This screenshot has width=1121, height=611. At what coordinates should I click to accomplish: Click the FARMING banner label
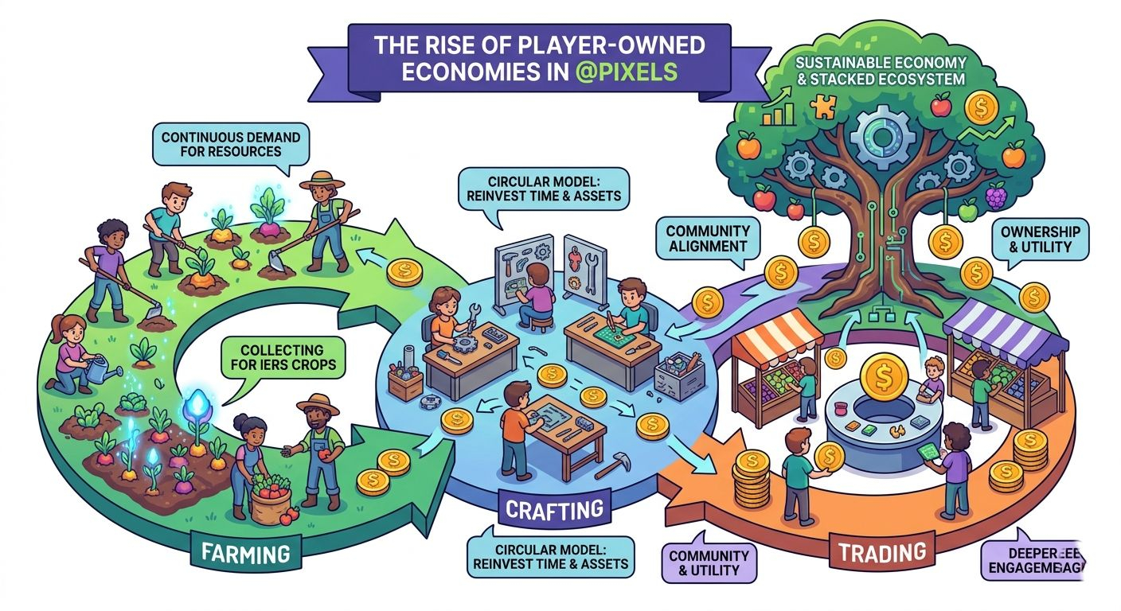(x=239, y=551)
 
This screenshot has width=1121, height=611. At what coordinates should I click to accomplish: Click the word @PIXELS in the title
(x=630, y=70)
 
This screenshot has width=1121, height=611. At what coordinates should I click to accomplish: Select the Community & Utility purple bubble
(x=709, y=562)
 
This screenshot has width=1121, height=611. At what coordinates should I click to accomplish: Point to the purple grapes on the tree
(x=996, y=195)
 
